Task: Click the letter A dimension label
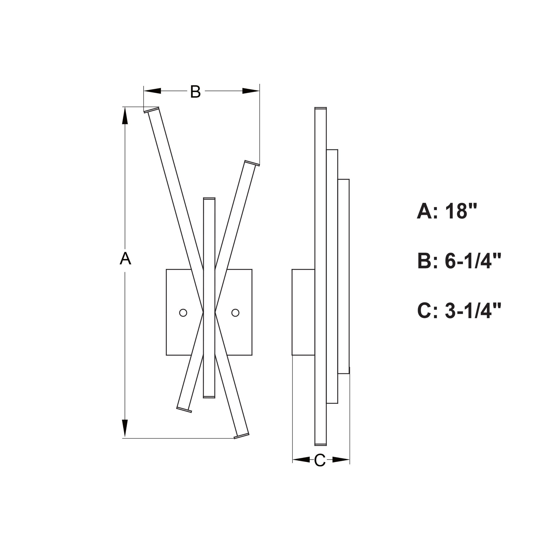[x=125, y=258]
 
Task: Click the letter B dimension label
[x=195, y=92]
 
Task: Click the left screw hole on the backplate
[x=183, y=313]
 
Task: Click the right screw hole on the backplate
[x=235, y=313]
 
